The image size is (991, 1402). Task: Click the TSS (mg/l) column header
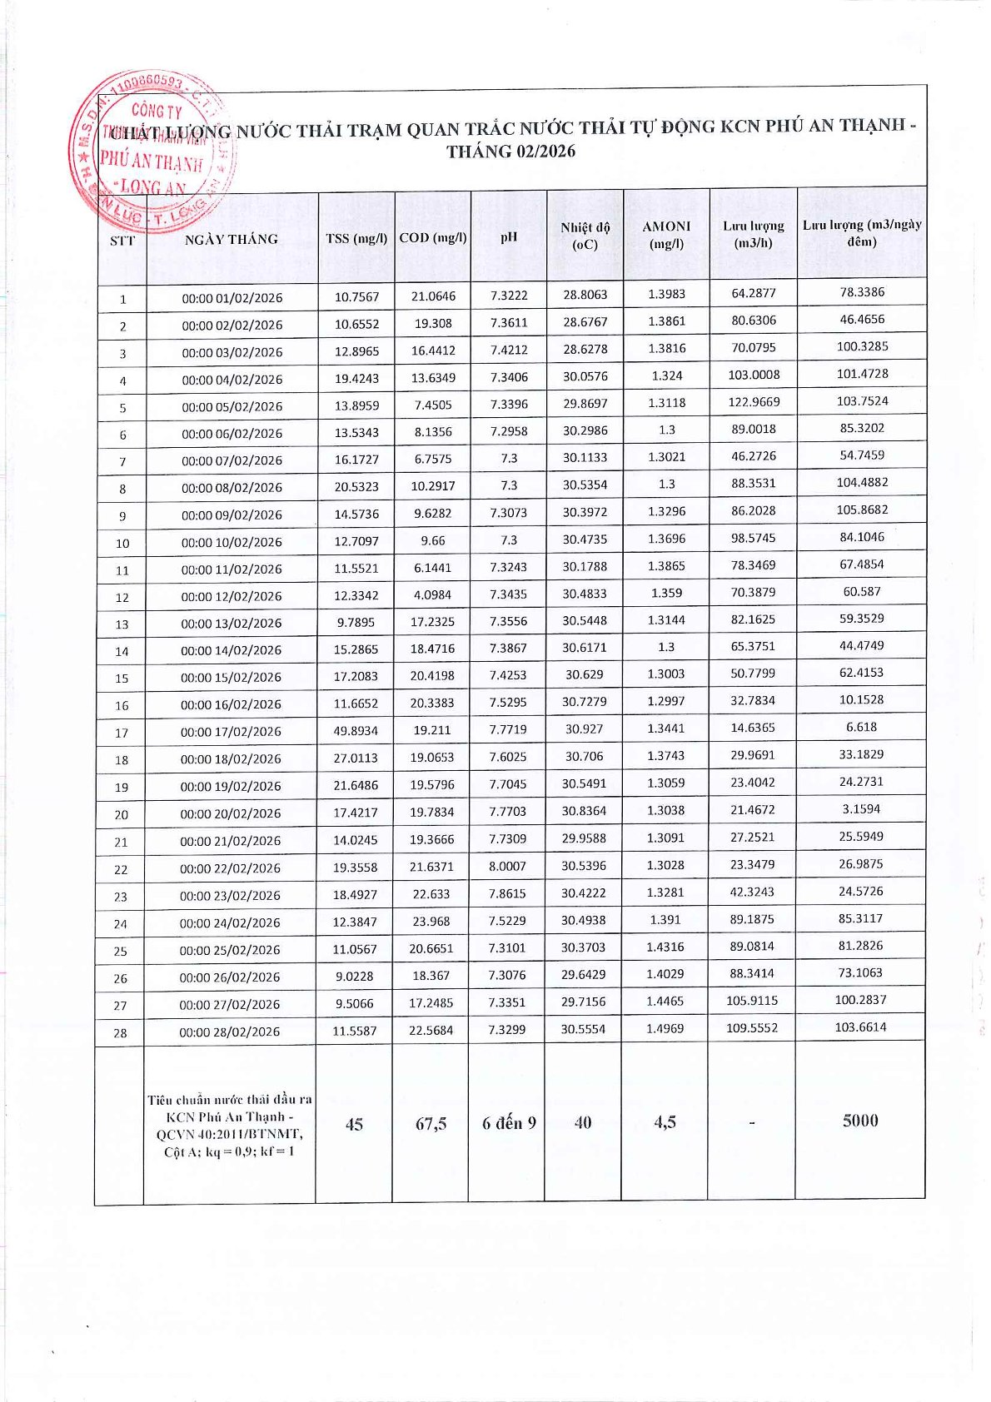[356, 238]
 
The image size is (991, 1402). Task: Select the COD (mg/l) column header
[433, 237]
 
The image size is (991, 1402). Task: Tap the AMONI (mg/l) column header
[666, 235]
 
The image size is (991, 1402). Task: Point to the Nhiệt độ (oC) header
[585, 236]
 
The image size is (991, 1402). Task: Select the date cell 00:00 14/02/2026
[232, 650]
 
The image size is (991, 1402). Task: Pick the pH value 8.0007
[507, 866]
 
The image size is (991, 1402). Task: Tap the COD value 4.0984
[432, 595]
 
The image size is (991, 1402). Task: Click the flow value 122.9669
[754, 402]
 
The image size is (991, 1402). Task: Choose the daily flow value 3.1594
[861, 808]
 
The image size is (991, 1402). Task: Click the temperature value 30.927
[584, 728]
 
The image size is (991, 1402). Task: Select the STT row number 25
[121, 951]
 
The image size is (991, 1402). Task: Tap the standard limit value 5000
[860, 1120]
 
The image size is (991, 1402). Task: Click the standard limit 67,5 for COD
[431, 1123]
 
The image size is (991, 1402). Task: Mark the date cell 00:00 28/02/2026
[230, 1032]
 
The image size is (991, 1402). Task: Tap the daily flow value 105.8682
[862, 510]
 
